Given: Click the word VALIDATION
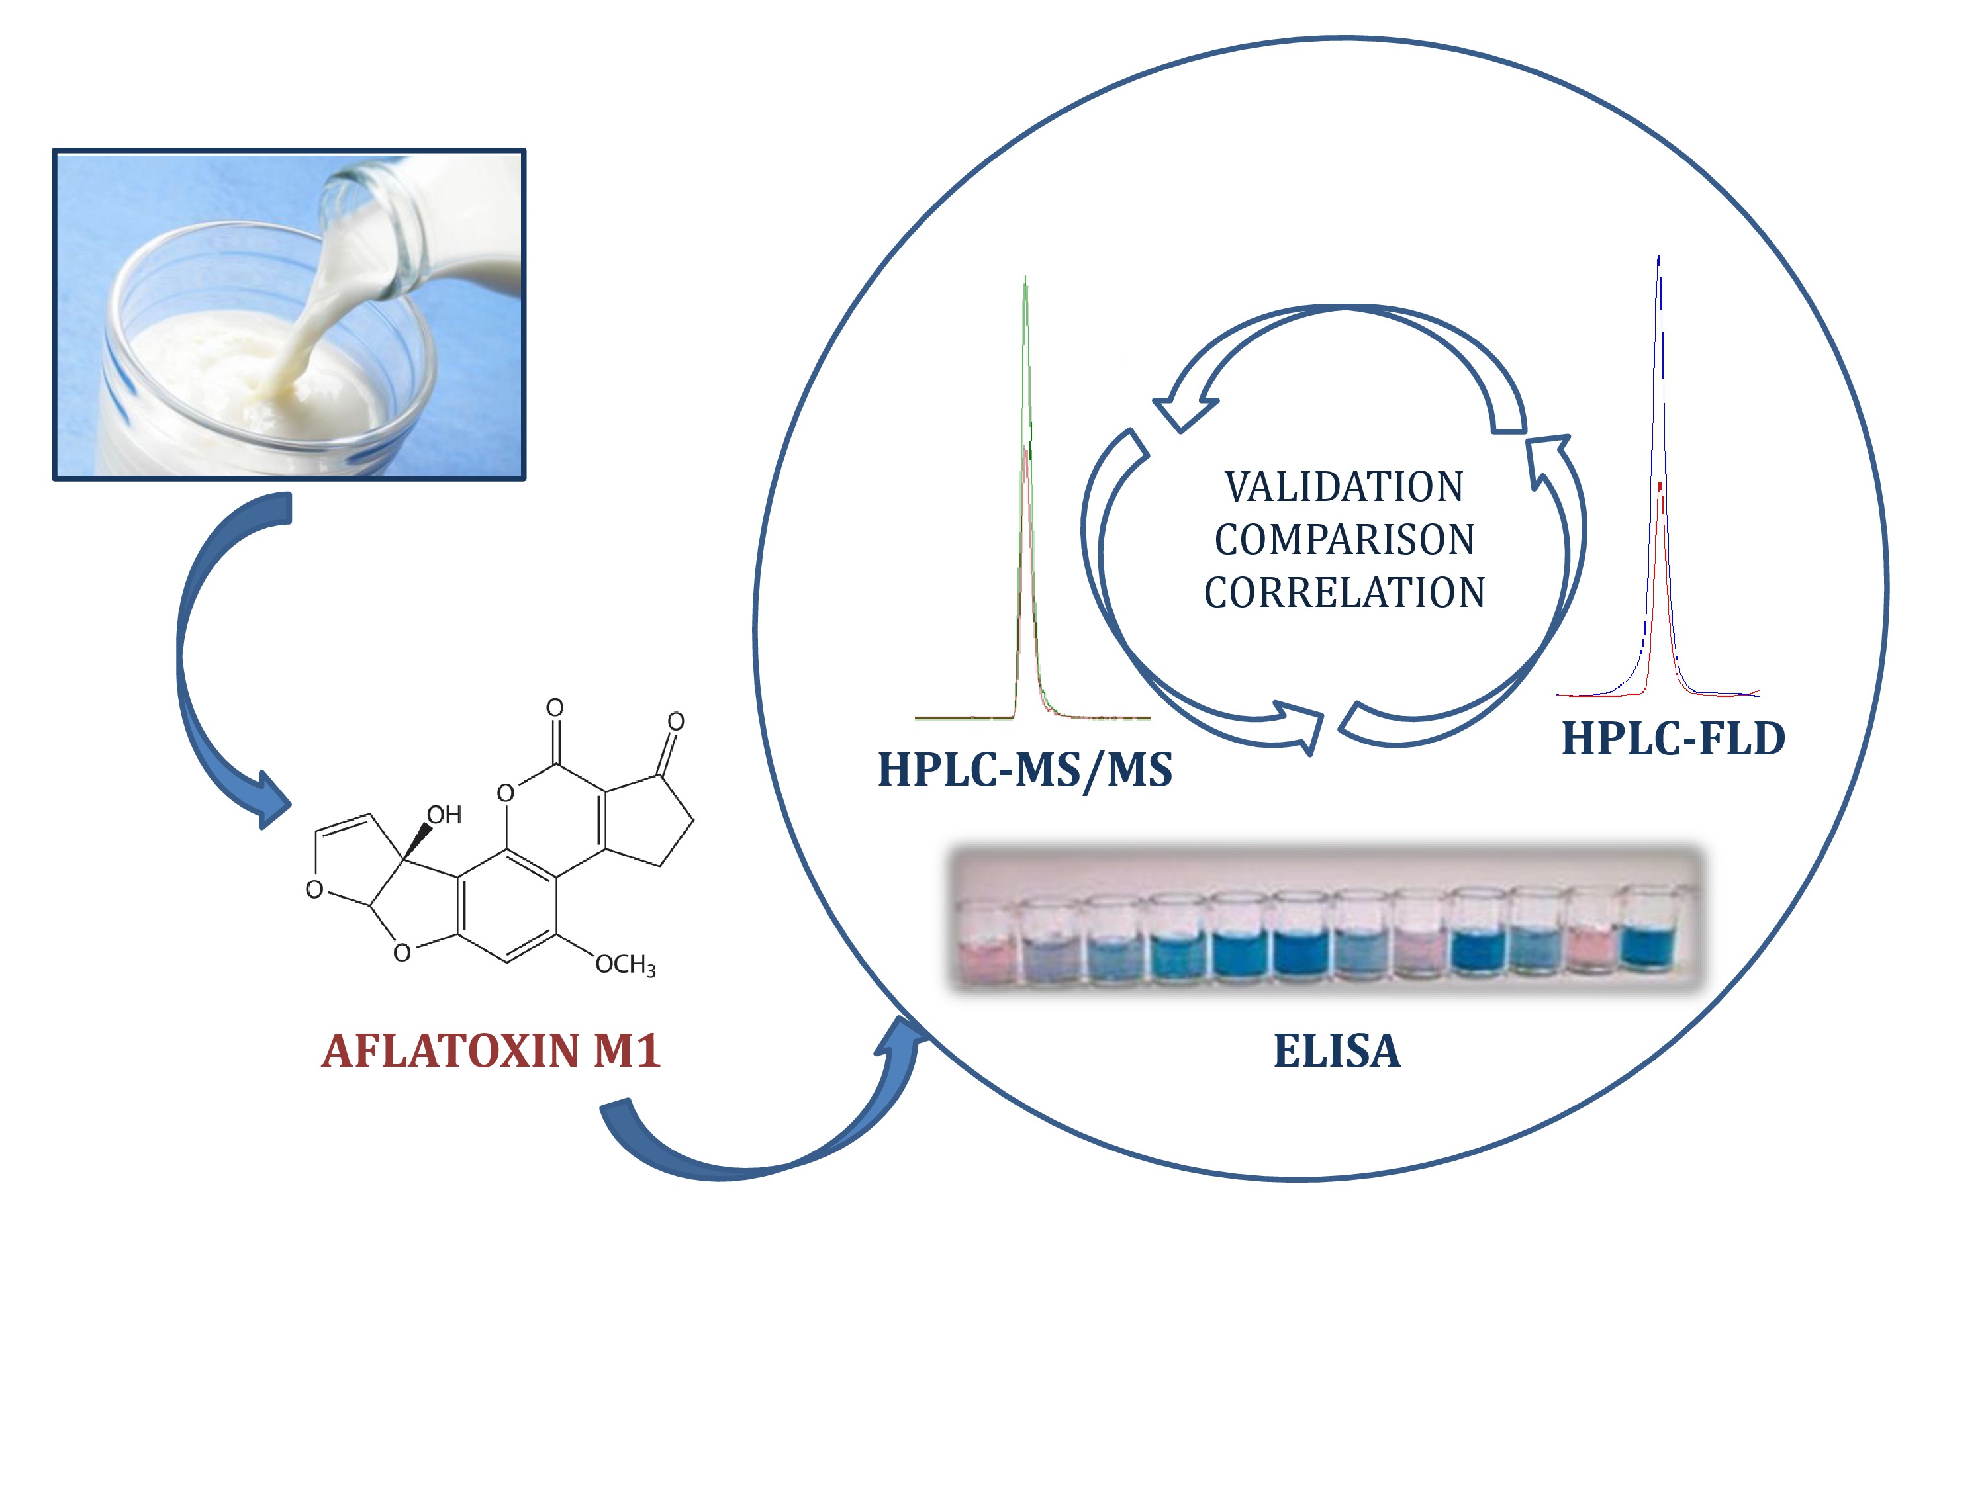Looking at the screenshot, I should [1344, 487].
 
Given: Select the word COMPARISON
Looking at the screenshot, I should [1344, 539].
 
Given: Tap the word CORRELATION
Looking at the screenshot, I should [1344, 592].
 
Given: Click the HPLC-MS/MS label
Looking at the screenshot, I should [1024, 770].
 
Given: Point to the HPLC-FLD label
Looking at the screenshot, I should [1673, 739].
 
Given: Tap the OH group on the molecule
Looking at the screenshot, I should [444, 815].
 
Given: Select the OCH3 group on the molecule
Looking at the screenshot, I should [625, 965].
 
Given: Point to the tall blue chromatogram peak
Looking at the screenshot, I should [1658, 359].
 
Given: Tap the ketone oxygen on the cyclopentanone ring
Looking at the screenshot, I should [676, 721].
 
